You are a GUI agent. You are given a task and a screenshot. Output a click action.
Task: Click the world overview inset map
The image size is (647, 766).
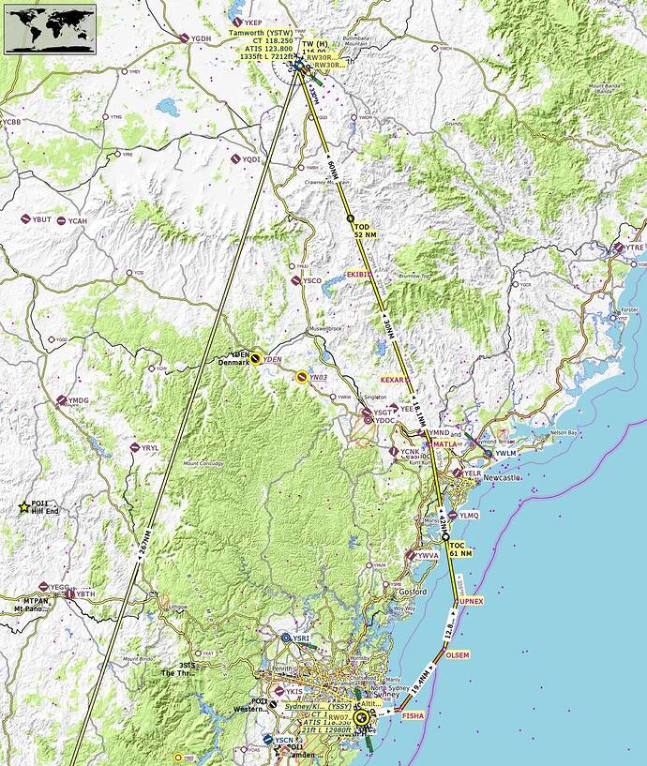tap(51, 27)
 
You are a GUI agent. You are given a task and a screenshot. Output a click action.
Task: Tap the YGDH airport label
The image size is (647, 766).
tap(201, 38)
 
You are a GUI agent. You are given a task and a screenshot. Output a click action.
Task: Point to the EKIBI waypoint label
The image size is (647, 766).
tap(359, 274)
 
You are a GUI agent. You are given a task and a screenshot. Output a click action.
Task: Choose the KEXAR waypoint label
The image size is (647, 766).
tap(395, 380)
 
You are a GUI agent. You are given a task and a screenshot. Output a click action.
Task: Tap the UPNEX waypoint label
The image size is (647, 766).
tap(471, 600)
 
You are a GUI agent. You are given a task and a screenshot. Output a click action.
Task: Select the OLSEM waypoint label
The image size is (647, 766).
tap(458, 655)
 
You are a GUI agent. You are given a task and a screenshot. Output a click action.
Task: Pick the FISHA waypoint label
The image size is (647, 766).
tap(413, 715)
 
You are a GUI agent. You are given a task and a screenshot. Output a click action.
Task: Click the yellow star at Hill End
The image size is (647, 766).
tap(23, 507)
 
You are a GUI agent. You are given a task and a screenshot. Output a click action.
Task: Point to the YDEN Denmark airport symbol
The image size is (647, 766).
tap(255, 357)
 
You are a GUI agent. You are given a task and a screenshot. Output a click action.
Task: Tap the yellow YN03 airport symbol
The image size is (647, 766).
tap(301, 376)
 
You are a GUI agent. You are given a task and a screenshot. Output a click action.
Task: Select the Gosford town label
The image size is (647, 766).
tap(412, 593)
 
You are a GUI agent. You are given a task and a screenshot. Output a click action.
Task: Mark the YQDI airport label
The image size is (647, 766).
tap(250, 160)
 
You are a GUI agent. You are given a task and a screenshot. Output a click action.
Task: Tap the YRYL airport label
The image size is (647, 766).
tap(150, 448)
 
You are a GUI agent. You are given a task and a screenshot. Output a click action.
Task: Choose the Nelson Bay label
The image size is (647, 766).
tap(565, 432)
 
